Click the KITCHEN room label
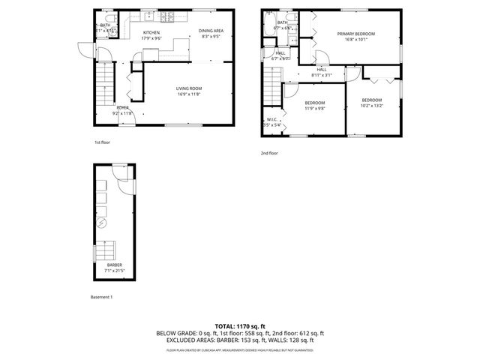click(x=151, y=32)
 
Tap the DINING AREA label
click(x=211, y=31)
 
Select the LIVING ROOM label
click(x=189, y=88)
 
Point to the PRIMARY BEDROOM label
click(x=355, y=34)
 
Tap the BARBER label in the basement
click(x=114, y=265)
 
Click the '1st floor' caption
click(x=102, y=142)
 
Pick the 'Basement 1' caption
click(x=101, y=298)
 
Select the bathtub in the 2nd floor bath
click(x=268, y=27)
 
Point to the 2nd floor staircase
click(x=271, y=86)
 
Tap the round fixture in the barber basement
click(x=105, y=222)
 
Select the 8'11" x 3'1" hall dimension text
click(x=322, y=75)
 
